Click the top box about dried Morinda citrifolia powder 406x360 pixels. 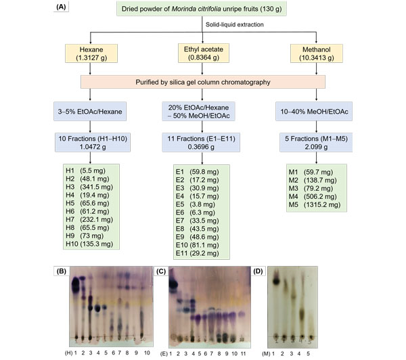pyautogui.click(x=203, y=11)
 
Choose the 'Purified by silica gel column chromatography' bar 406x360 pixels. pyautogui.click(x=202, y=82)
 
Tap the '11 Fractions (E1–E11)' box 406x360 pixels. pyautogui.click(x=203, y=141)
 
